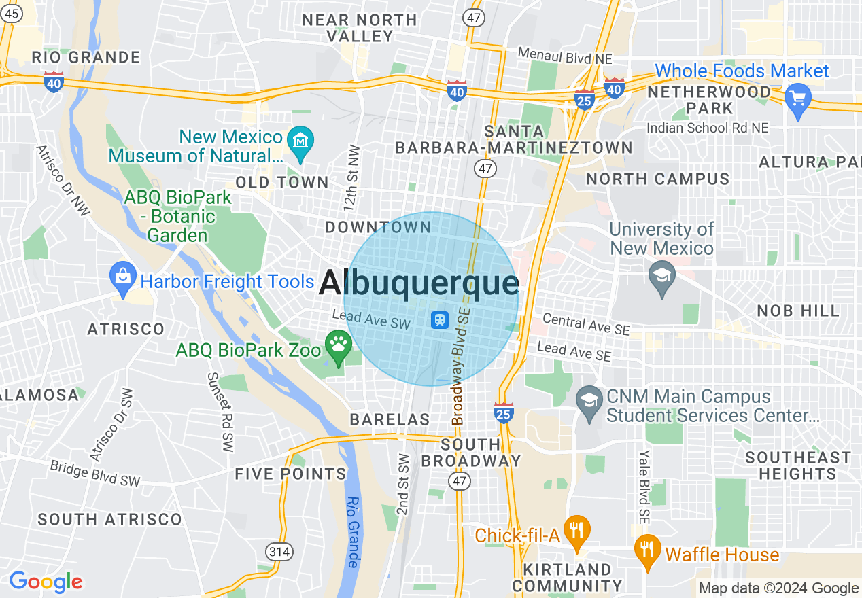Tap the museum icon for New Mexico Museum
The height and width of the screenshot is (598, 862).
299,140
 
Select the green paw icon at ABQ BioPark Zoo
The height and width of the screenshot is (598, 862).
338,346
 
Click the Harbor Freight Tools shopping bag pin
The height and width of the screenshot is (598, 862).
123,279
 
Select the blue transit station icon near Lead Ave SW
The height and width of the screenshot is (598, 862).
439,319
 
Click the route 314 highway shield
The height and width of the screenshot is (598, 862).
279,552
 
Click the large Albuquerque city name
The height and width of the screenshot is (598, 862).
418,283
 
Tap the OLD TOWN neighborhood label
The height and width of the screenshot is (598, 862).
281,182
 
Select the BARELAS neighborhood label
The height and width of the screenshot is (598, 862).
390,420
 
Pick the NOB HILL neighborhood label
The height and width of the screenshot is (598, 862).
798,311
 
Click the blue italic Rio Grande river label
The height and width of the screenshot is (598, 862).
352,532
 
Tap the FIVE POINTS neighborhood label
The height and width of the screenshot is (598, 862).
290,474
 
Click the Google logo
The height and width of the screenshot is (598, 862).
46,582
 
